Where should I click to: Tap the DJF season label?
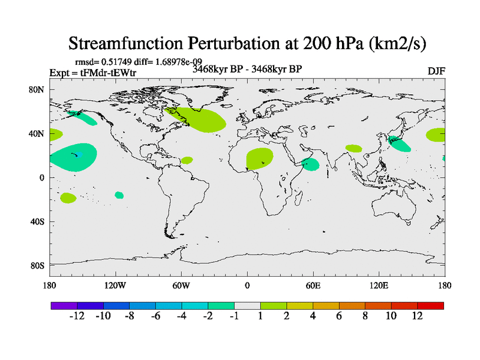(436, 71)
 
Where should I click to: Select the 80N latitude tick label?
(38, 90)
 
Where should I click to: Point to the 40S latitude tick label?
(38, 221)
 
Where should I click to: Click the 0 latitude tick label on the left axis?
(41, 178)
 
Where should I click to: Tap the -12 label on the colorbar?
(76, 317)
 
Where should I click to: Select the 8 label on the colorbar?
(365, 317)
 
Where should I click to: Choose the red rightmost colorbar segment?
(430, 305)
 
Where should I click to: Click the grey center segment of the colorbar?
(247, 305)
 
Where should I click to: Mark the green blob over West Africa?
(259, 158)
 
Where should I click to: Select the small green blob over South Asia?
(353, 148)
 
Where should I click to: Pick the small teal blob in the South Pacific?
(119, 195)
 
